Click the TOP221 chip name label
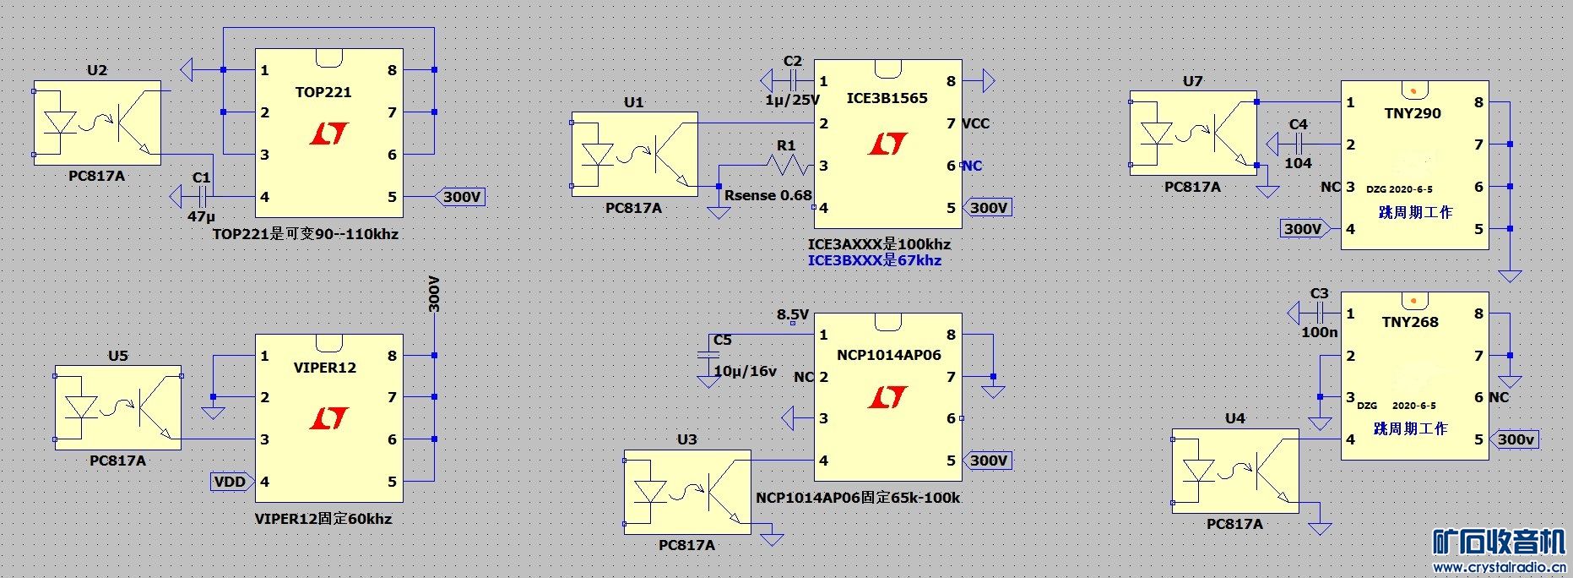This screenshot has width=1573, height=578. coord(323,92)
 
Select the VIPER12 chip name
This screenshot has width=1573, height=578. coord(325,368)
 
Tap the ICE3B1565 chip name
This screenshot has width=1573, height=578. coord(887,98)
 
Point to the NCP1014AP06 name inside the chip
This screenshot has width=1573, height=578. coord(888,355)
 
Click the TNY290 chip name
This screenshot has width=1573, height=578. coord(1413,113)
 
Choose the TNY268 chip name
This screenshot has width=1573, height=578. coord(1410,322)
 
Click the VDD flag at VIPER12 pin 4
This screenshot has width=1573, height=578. coord(232,482)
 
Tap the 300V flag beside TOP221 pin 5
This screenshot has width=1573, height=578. coord(460,197)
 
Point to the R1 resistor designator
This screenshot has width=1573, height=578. coord(786,145)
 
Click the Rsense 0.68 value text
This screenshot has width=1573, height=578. coord(768,195)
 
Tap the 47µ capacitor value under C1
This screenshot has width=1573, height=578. coord(202,216)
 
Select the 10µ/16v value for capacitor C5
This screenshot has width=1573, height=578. coord(745,371)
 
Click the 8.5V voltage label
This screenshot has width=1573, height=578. coord(793,315)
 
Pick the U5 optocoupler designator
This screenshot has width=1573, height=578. coord(118,356)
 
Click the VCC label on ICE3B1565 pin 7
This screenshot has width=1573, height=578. coord(975,123)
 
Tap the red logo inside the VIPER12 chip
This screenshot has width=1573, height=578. coord(329,417)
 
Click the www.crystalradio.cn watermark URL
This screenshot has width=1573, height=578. coord(1500,568)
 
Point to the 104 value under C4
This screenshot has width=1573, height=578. coord(1299,163)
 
